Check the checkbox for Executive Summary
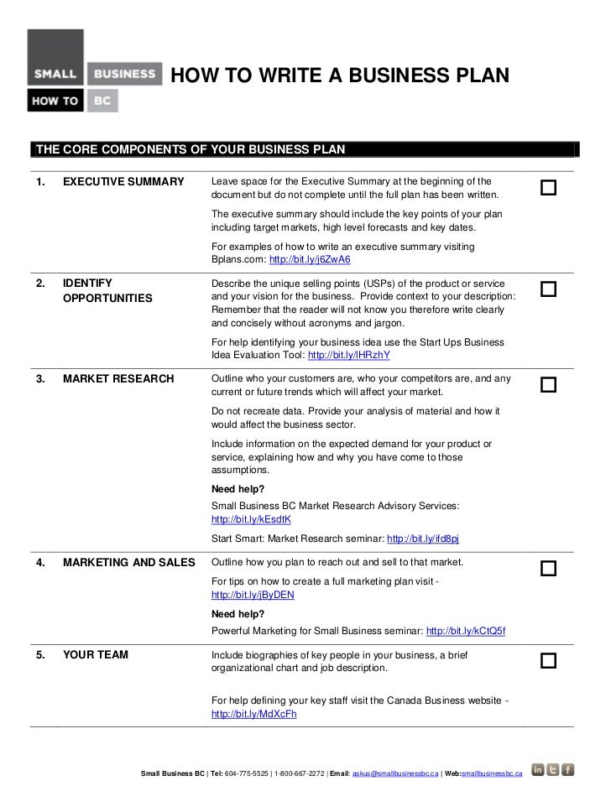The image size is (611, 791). tap(549, 188)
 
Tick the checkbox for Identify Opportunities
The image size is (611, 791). tap(549, 289)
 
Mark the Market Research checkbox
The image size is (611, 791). tap(549, 385)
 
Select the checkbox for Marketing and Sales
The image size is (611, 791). tap(549, 569)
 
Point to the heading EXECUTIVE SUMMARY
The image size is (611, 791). tap(123, 182)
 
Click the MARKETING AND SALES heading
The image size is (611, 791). tap(128, 562)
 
